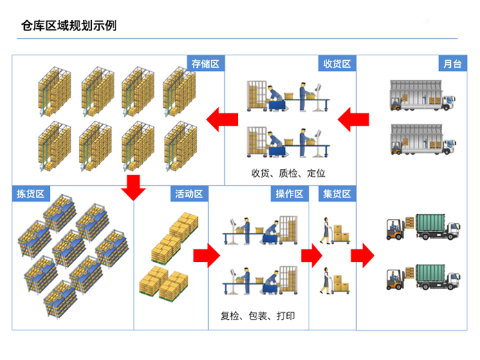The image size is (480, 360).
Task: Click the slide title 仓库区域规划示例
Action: tap(69, 26)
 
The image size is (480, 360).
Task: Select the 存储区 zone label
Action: tap(205, 64)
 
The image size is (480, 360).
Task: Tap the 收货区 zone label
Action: tap(337, 64)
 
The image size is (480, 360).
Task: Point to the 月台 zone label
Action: tap(452, 64)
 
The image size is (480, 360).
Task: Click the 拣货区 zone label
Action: tap(30, 193)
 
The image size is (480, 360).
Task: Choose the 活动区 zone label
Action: tap(190, 193)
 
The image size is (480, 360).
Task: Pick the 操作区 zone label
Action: tap(290, 193)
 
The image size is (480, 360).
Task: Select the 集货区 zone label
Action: tap(337, 193)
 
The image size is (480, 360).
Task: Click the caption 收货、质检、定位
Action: tap(288, 173)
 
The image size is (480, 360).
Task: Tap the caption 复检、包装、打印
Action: tap(258, 316)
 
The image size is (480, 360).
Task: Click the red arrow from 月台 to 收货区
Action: tap(353, 120)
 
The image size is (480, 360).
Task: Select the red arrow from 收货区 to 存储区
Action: tap(222, 120)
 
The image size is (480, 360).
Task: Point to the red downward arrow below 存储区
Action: tap(133, 188)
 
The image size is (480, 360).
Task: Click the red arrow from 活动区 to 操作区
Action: tap(207, 256)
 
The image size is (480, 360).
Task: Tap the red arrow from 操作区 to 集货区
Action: tap(312, 256)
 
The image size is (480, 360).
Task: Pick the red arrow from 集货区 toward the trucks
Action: tap(362, 256)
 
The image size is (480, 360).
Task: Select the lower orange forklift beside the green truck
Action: tap(395, 279)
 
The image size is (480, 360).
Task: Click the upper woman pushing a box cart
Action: tap(326, 230)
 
